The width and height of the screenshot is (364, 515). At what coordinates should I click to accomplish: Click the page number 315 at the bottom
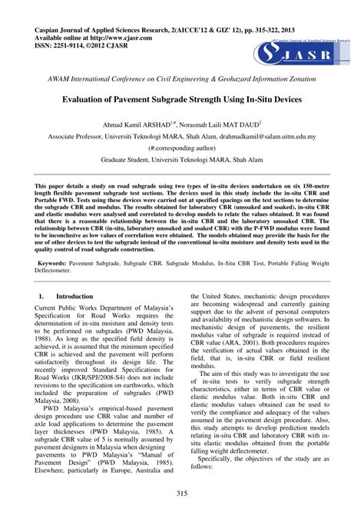click(x=182, y=493)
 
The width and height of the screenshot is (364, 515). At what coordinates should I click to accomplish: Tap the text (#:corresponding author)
click(x=181, y=148)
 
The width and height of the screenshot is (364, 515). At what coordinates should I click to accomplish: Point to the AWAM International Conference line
click(x=182, y=79)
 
